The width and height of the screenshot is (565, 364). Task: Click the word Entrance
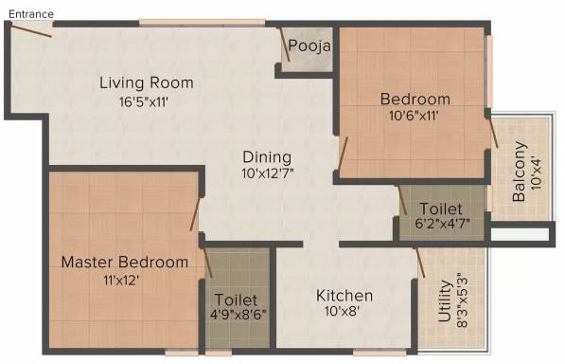(31, 14)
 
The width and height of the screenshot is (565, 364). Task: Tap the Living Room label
(147, 82)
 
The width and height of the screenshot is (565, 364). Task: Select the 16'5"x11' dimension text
(144, 101)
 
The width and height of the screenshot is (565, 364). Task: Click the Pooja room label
(309, 45)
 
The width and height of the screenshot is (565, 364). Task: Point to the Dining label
(267, 157)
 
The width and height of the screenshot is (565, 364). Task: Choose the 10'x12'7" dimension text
(268, 173)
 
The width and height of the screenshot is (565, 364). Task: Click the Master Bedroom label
(125, 262)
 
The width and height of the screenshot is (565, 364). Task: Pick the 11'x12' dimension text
(121, 280)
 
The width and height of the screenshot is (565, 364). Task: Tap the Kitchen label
(344, 296)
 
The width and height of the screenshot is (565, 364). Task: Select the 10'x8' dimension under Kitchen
(342, 311)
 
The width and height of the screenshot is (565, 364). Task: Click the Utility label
(445, 300)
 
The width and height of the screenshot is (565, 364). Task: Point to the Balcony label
(520, 172)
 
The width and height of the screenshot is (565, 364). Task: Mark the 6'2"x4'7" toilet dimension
(443, 224)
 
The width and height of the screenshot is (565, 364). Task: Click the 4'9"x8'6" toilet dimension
(238, 314)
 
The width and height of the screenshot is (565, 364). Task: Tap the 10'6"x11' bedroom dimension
(414, 116)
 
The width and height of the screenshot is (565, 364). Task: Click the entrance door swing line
(30, 29)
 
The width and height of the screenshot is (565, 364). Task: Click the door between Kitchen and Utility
(420, 262)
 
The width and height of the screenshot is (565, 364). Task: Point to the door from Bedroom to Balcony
(492, 132)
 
